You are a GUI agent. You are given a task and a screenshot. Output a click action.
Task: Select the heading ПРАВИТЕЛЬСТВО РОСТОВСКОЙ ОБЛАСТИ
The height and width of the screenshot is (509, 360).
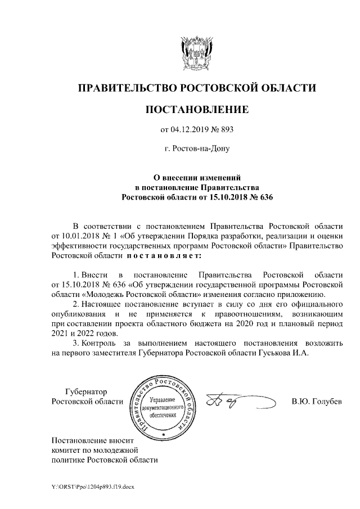pos(196,88)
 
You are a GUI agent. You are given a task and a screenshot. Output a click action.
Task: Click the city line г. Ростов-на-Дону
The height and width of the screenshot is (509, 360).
pos(196,150)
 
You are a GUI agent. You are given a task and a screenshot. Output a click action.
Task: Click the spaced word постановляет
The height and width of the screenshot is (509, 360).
pos(163,255)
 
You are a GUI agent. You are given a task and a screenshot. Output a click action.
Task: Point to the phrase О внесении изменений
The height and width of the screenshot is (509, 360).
pos(197,177)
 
